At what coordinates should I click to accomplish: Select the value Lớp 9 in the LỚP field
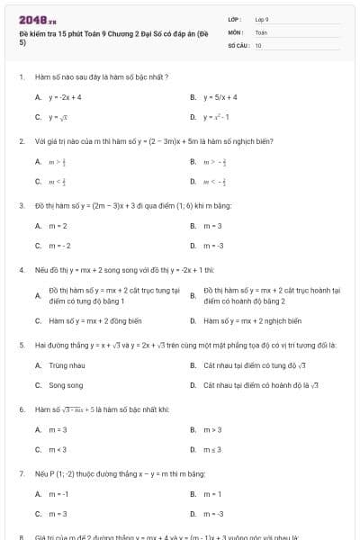point(262,18)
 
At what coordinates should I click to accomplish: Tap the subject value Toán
point(261,31)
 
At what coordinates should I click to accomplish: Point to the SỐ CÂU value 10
point(258,44)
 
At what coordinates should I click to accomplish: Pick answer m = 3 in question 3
point(212,225)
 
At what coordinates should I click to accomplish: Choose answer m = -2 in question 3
point(59,246)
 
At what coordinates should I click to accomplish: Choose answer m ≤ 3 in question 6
point(212,449)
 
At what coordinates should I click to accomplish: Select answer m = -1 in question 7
point(59,494)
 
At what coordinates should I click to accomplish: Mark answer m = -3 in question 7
point(213,514)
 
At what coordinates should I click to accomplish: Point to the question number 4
point(21,269)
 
